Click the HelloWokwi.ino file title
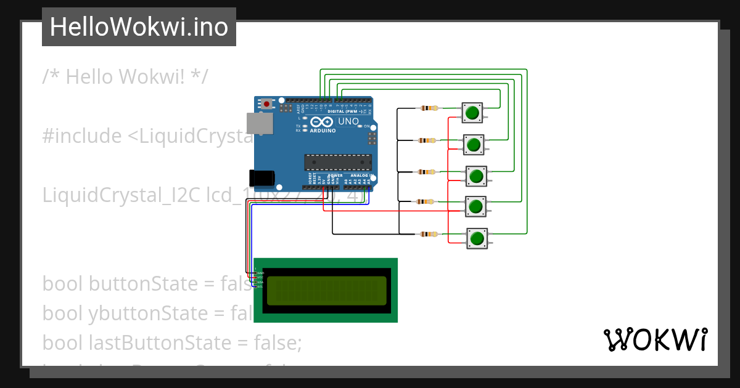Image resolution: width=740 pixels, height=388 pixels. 139,27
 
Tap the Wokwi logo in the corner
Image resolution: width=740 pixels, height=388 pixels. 655,340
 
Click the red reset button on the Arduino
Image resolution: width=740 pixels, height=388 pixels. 266,104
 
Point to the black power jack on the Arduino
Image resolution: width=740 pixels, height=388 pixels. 261,177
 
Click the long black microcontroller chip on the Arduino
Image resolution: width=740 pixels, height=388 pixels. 338,163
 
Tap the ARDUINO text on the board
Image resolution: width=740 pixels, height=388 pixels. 323,131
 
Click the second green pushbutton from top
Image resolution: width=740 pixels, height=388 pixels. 474,145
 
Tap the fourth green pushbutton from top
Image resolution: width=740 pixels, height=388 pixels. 475,206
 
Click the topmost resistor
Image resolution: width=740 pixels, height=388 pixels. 429,108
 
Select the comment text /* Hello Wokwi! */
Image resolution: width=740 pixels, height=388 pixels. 125,77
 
